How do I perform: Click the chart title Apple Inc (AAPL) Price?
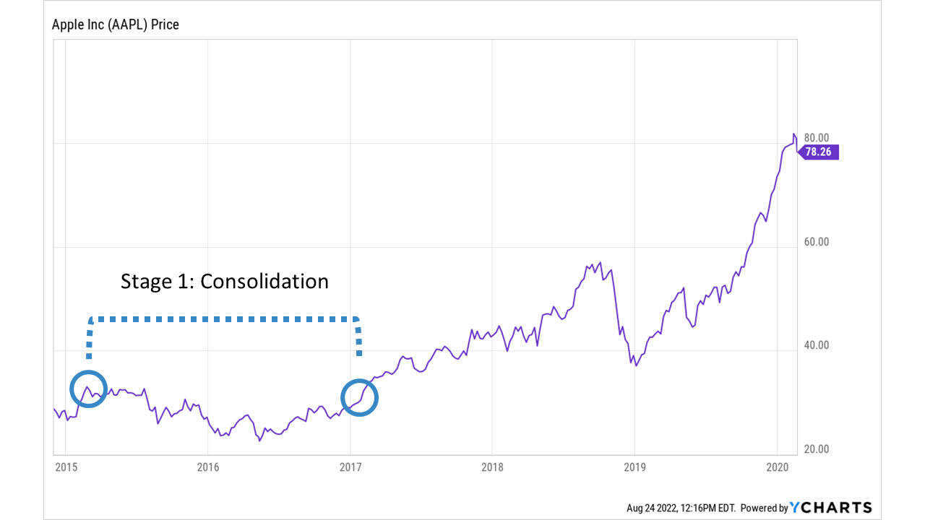click(x=115, y=25)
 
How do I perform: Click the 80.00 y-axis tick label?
click(x=816, y=138)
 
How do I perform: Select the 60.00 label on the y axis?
click(x=816, y=242)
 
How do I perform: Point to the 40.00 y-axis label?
click(x=816, y=345)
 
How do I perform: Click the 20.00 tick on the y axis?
click(x=816, y=449)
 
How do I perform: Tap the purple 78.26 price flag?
click(x=819, y=152)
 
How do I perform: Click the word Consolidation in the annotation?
click(x=264, y=281)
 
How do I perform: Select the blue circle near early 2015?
click(x=88, y=389)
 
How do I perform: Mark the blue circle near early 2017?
click(x=359, y=397)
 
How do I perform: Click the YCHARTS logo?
click(x=830, y=508)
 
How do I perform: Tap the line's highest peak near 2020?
click(x=794, y=134)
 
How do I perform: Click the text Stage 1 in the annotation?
click(x=156, y=281)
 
